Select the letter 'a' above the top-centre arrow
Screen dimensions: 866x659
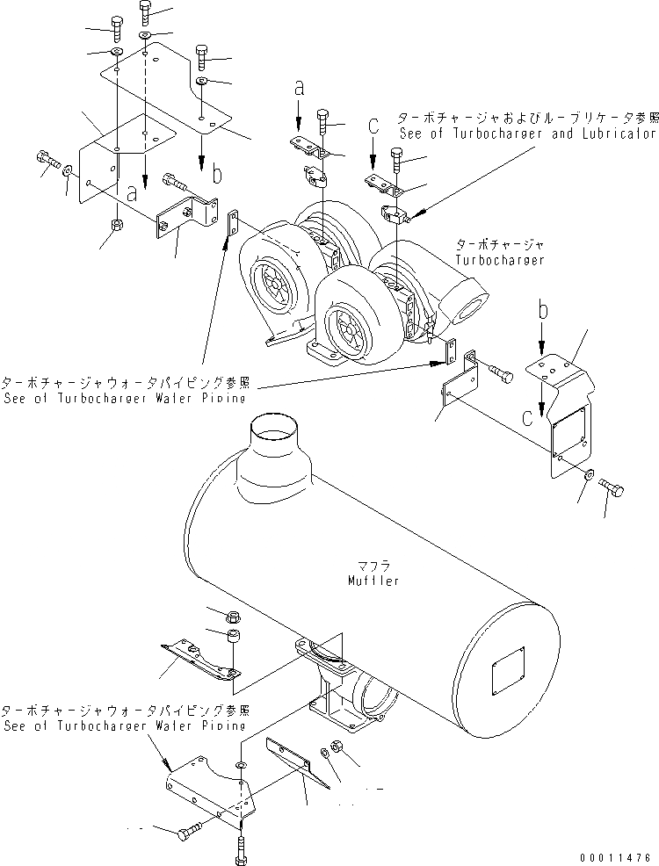[299, 88]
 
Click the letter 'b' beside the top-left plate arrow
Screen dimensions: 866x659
[217, 174]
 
